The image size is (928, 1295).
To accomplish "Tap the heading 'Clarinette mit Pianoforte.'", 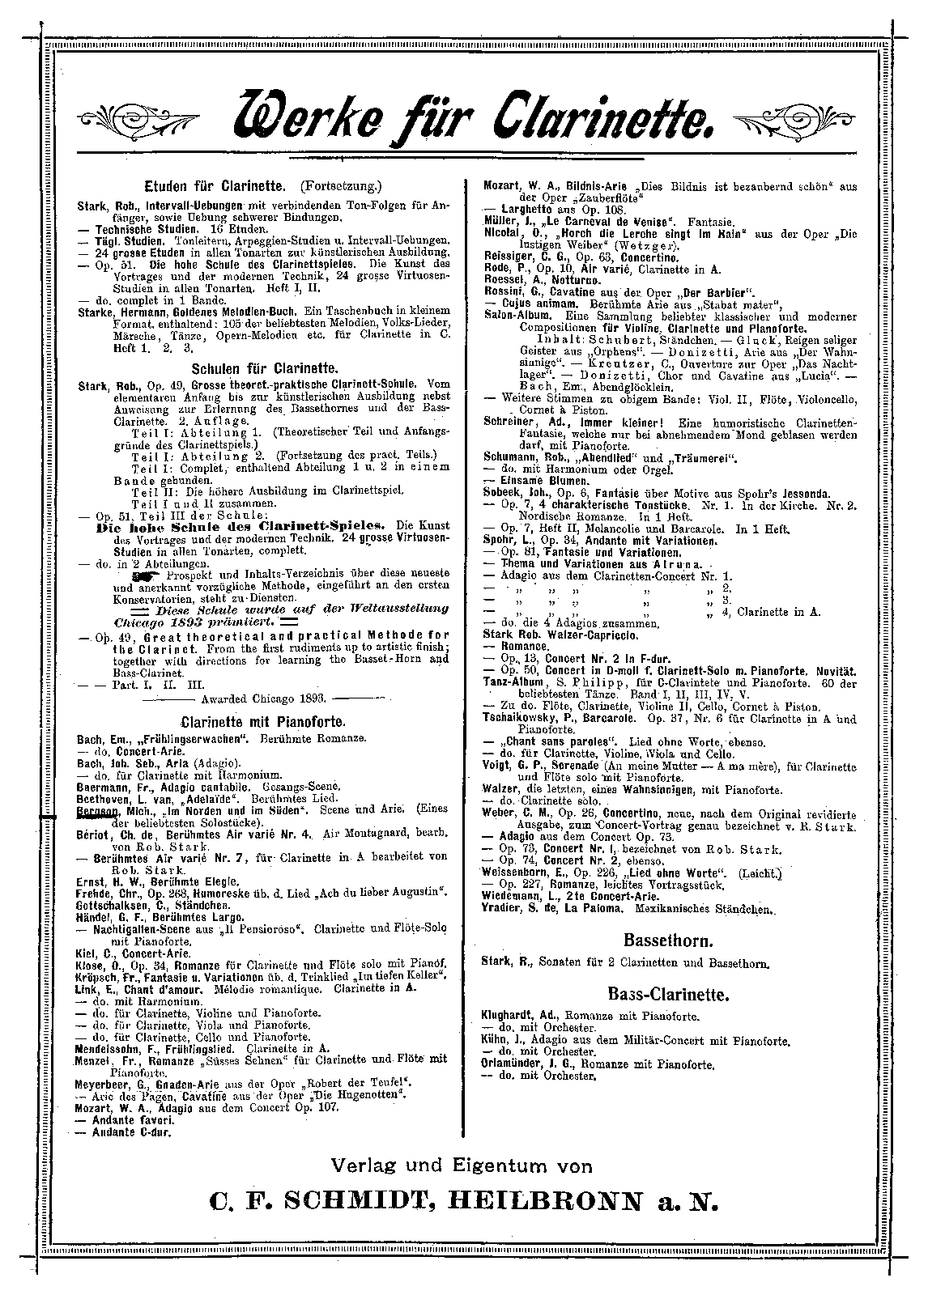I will (264, 721).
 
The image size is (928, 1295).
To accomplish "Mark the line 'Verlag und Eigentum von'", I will (462, 1165).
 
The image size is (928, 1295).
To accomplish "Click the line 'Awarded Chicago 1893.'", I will (264, 697).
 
